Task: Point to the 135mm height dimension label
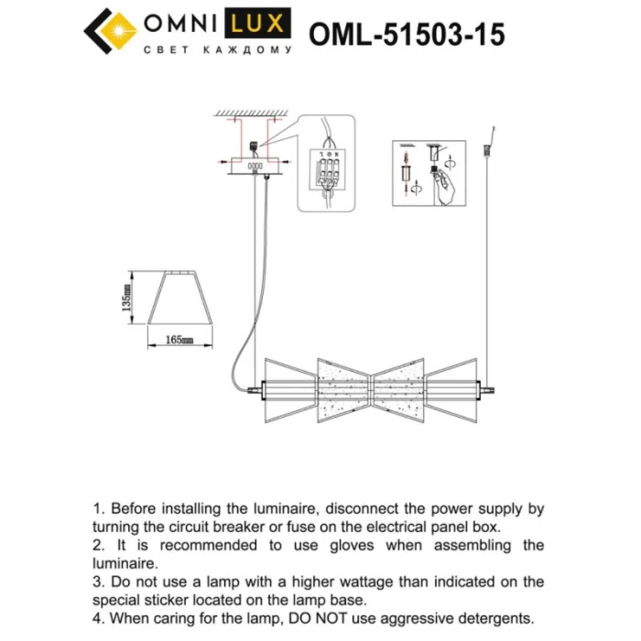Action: coord(127,299)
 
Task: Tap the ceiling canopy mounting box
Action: coord(255,166)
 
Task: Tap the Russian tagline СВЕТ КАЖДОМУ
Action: coord(219,50)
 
